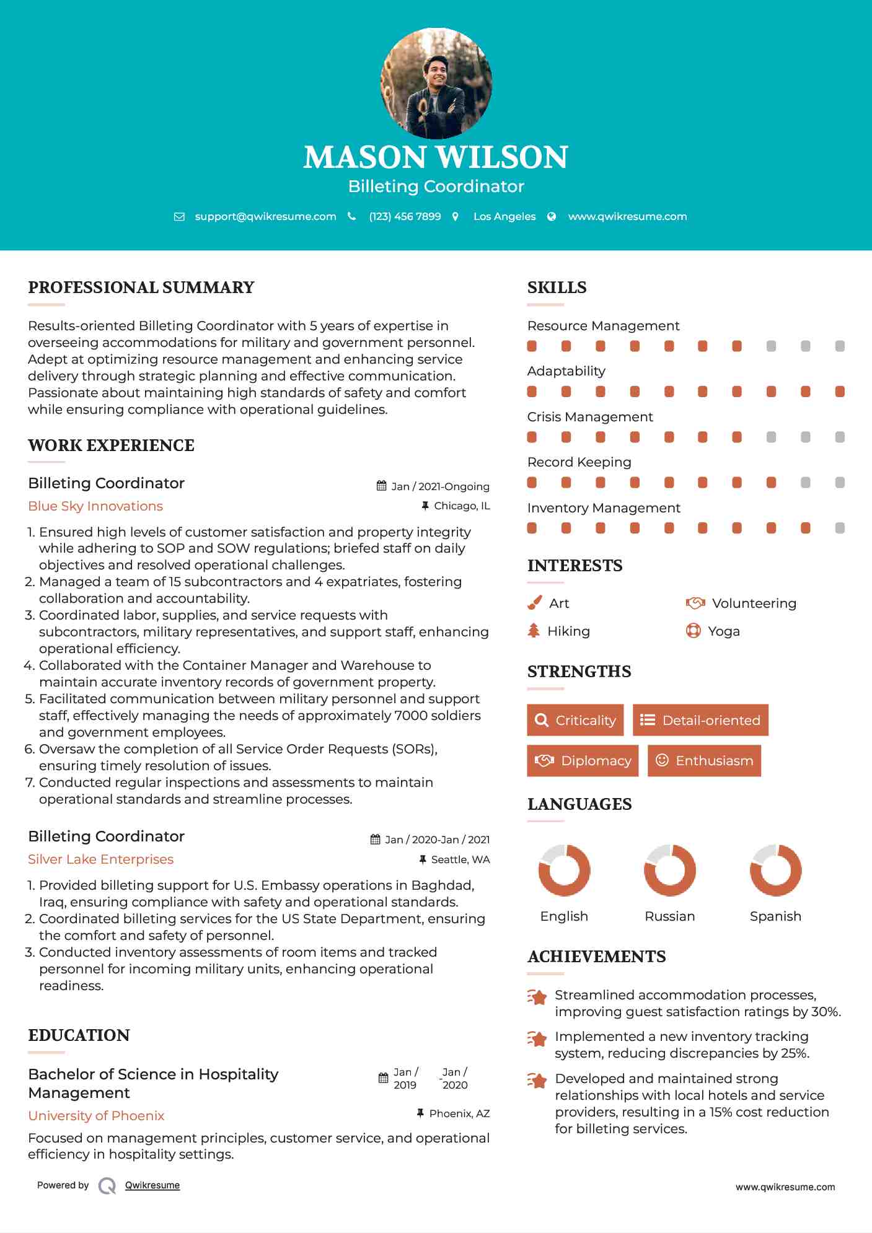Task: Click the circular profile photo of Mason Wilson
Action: point(436,83)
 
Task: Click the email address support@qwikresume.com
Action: point(265,216)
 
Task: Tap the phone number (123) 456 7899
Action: point(405,216)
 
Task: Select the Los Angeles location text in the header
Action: point(504,216)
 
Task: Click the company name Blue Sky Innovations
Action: point(95,506)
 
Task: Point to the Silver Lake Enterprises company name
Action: point(100,859)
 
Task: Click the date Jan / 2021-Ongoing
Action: point(440,486)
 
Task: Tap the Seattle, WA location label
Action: point(460,859)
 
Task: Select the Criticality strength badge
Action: point(575,720)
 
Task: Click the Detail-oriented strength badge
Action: point(700,720)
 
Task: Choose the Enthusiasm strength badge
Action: point(704,760)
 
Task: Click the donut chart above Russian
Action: point(669,870)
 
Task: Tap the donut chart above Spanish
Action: point(775,870)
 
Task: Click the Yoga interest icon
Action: point(693,631)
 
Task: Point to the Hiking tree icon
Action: point(534,631)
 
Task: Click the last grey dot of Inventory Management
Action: point(840,528)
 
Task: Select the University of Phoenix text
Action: point(96,1116)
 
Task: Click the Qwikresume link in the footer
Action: point(152,1185)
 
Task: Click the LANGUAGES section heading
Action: point(579,804)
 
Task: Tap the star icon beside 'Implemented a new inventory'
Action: point(537,1038)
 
